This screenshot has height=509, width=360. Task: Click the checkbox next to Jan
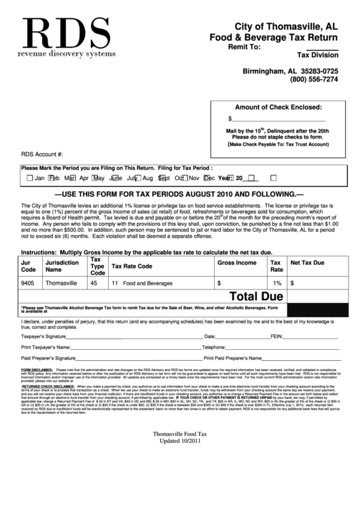click(30, 178)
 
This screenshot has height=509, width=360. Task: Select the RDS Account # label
click(42, 154)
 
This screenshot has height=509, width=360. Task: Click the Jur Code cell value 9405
click(28, 281)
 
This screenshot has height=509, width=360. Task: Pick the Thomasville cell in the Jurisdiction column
click(61, 281)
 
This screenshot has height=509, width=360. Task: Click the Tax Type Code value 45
click(94, 281)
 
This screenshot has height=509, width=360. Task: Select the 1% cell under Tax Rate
click(277, 282)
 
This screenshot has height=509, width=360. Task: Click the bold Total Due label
click(257, 296)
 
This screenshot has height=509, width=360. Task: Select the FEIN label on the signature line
click(277, 336)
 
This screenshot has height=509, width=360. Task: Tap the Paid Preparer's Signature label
click(48, 357)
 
